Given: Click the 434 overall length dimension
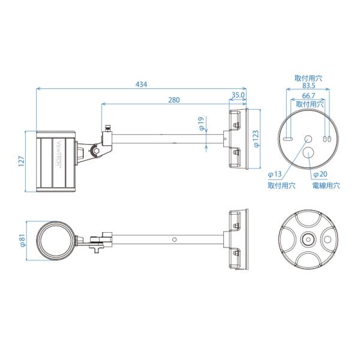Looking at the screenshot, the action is (141, 85).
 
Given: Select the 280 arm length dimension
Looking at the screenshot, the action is (174, 100).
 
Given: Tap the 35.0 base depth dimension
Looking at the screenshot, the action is (238, 95).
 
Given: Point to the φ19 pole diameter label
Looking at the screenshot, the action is (201, 124).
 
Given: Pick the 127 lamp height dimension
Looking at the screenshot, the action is (21, 161).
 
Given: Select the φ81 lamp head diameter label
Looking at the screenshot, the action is (23, 241).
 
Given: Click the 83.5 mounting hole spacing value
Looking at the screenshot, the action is (308, 86).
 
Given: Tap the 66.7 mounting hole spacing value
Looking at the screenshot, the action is (308, 95).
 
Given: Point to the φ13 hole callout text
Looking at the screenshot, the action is (275, 174).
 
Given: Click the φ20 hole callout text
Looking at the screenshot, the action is (320, 174).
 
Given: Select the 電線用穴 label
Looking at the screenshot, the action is (326, 185).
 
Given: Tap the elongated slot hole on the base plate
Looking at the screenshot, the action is (287, 139).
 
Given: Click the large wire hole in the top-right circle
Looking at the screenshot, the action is (308, 152).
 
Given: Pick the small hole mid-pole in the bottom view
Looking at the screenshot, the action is (174, 239).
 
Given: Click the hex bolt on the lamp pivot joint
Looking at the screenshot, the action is (97, 151).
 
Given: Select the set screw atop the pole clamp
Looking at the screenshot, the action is (107, 128).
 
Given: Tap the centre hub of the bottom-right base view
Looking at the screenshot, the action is (308, 239).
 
